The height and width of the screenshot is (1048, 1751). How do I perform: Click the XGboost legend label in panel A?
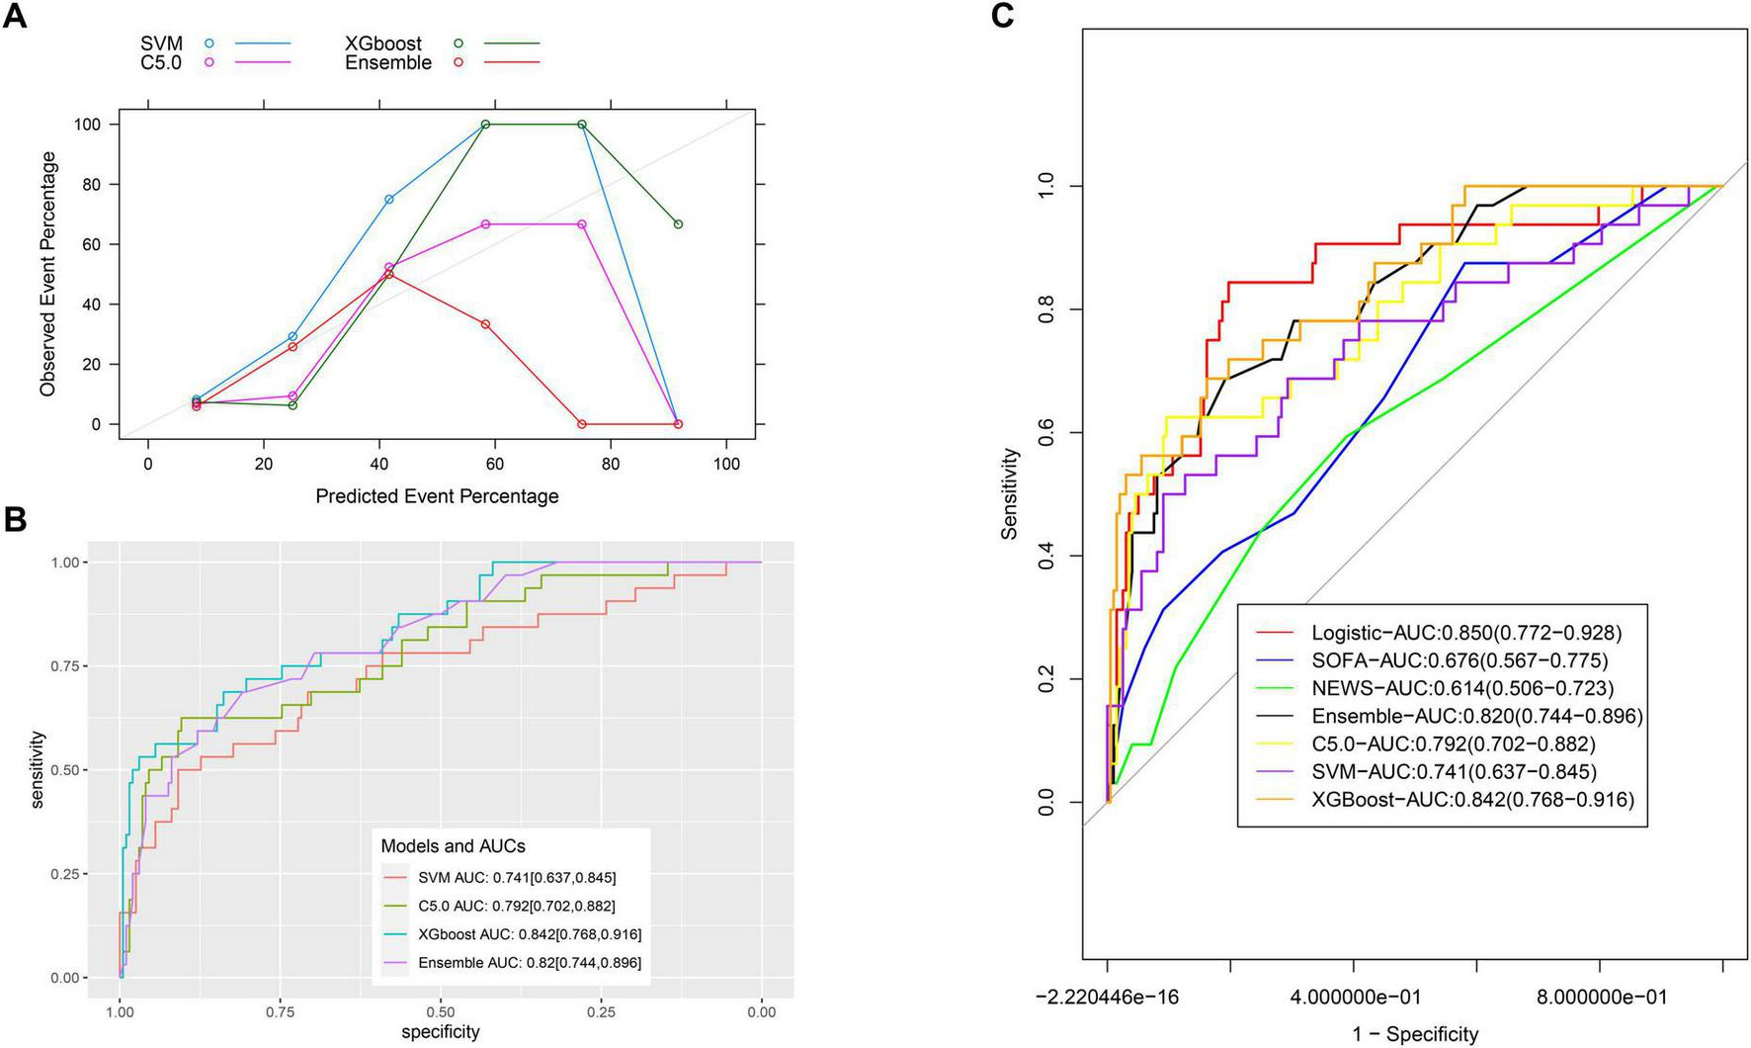pos(382,44)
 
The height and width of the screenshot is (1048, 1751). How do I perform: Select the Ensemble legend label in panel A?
pos(387,63)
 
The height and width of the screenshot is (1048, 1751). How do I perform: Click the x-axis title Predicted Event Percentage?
pos(437,496)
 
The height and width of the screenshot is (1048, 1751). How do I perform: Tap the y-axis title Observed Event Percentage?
pos(48,274)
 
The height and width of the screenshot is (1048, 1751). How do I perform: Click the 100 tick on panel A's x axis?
pos(726,465)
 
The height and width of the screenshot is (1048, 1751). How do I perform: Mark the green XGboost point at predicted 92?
pos(678,224)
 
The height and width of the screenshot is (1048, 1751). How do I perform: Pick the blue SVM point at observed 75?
pos(389,200)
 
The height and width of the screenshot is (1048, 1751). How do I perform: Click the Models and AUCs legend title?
pos(454,846)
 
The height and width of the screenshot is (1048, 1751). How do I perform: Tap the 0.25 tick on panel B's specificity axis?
pos(601,1011)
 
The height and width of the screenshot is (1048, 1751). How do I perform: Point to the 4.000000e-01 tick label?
pos(1353,997)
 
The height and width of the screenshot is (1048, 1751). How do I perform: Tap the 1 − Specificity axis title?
pos(1415,1034)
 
